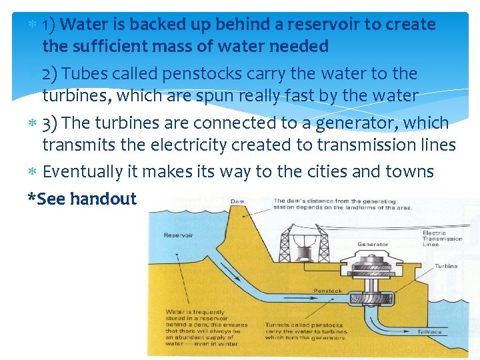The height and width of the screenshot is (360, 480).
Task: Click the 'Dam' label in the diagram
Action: coord(237,201)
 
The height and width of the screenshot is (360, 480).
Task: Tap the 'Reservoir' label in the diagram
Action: coord(179,235)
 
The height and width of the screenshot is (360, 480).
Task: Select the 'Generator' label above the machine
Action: coord(373,245)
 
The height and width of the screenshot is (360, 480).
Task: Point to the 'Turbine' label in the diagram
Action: coord(446,266)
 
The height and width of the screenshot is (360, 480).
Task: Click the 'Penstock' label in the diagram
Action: coord(327,291)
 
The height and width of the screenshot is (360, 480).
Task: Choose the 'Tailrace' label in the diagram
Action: coord(429,331)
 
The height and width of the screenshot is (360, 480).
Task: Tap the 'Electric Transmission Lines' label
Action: coord(442,239)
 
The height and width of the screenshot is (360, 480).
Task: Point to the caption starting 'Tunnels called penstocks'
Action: coord(305,331)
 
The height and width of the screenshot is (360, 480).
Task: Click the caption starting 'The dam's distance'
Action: coord(343,204)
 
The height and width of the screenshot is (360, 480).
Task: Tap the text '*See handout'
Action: coord(82,198)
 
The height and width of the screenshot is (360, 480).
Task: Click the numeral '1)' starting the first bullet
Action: coord(49,25)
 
